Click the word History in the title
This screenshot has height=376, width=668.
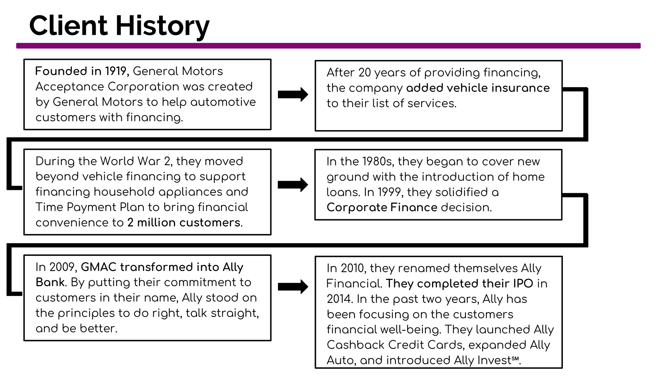pos(162,26)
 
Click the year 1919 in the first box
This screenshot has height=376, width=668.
pos(116,71)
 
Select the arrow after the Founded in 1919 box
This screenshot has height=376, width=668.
pos(293,94)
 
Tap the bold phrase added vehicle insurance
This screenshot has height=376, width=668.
pos(478,88)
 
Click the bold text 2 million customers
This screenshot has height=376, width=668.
pos(184,222)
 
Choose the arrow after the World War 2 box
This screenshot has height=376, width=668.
pos(293,185)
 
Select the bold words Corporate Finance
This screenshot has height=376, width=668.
pos(382,207)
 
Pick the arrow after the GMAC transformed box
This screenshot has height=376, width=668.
pos(293,287)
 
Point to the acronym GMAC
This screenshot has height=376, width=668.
pos(98,267)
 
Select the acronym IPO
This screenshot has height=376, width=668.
pos(523,284)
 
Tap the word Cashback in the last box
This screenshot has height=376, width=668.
pos(356,345)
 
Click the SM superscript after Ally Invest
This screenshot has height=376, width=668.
pos(515,358)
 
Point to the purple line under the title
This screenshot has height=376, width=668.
pos(328,46)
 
